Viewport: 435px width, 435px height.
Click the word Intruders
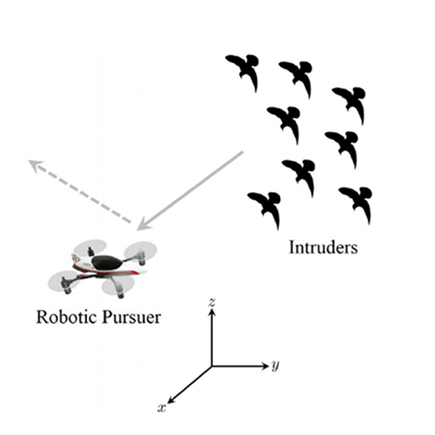[323, 247]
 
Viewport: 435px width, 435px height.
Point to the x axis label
[162, 409]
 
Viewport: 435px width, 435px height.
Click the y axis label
[275, 365]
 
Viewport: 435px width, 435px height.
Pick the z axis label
[212, 303]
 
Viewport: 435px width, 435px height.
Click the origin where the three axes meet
[212, 366]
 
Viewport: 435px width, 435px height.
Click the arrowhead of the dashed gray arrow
[33, 163]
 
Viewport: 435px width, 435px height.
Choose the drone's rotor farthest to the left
[62, 281]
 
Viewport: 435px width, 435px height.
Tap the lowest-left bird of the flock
[264, 207]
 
